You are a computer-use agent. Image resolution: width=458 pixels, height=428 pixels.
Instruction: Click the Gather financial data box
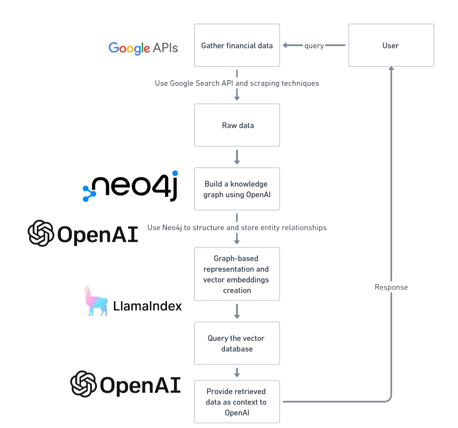click(237, 45)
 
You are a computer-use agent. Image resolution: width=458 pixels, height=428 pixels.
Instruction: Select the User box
click(391, 45)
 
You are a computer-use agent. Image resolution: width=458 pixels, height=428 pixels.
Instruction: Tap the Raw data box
click(237, 125)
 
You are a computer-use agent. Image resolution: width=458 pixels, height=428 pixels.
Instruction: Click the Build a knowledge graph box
click(237, 189)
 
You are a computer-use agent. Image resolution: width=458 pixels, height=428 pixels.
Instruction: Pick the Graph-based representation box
click(237, 274)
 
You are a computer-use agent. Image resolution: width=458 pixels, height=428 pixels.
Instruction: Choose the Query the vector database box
click(237, 343)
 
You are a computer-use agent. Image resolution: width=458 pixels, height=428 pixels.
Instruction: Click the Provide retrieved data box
click(237, 402)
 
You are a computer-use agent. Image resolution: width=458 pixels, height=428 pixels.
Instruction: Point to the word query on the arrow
click(314, 46)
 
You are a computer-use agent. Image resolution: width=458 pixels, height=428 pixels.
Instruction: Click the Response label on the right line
click(391, 287)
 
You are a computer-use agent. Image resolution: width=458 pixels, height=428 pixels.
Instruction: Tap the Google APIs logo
click(143, 48)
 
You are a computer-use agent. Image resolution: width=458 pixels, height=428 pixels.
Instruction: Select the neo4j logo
click(131, 186)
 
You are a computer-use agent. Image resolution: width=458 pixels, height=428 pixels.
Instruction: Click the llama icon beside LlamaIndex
click(95, 302)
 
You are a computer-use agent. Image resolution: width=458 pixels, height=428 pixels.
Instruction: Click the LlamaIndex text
click(147, 306)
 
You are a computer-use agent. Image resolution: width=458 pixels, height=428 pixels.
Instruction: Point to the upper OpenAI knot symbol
click(41, 233)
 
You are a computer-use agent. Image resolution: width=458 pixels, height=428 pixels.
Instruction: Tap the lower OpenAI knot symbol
click(83, 384)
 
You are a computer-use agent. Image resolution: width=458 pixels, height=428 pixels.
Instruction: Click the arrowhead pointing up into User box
click(391, 68)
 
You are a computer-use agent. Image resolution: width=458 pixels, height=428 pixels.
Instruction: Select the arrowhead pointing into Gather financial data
click(285, 45)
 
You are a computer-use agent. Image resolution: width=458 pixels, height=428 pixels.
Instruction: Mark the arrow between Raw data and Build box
click(237, 157)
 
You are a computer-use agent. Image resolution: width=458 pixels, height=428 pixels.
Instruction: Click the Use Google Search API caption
click(237, 83)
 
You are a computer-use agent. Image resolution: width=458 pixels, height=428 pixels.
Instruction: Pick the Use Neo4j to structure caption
click(237, 227)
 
